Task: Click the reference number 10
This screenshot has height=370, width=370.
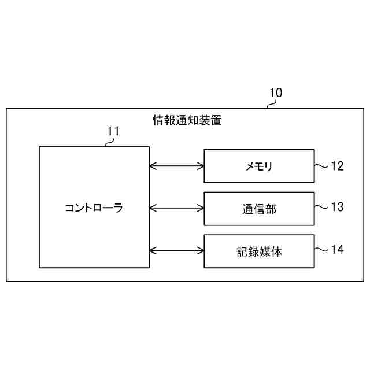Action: tap(276, 92)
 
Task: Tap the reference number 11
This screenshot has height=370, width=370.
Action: tap(113, 131)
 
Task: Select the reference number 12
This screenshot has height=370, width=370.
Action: tap(337, 166)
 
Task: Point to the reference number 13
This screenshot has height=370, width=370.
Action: tap(337, 207)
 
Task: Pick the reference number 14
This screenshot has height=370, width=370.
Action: tap(337, 250)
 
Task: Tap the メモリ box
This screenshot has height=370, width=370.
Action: tap(259, 166)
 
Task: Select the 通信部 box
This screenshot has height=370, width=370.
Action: tap(259, 208)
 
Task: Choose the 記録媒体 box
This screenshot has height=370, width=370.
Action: tap(259, 251)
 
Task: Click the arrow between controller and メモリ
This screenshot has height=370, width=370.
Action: tap(177, 166)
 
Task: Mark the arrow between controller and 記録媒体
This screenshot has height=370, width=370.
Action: tap(177, 250)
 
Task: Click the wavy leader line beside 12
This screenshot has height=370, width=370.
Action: tap(321, 166)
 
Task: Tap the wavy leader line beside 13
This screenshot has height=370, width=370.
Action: tap(321, 207)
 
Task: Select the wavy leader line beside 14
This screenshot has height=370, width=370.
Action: tap(321, 250)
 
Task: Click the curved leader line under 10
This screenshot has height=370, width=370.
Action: tap(272, 103)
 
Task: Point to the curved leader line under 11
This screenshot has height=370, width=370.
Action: tap(109, 142)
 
